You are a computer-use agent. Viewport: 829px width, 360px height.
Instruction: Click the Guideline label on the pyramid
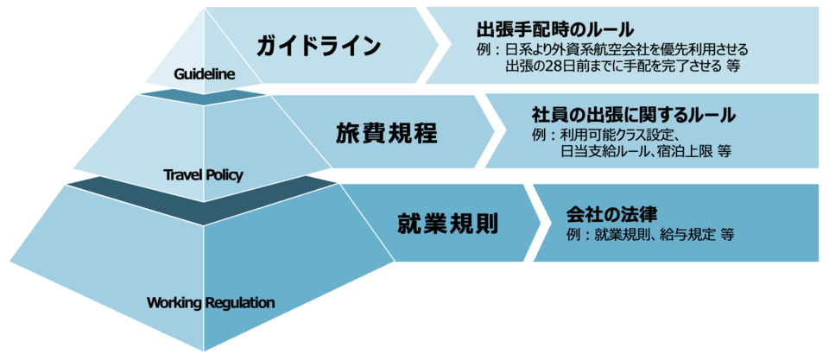[x=204, y=74]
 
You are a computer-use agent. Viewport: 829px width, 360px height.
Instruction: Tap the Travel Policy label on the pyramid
[x=204, y=174]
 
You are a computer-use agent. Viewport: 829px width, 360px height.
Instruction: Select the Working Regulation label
[x=211, y=302]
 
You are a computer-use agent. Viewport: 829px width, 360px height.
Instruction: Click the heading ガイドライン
[x=319, y=46]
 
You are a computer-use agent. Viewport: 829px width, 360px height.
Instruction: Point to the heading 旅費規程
[x=387, y=135]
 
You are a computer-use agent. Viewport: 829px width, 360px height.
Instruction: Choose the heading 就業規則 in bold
[x=447, y=224]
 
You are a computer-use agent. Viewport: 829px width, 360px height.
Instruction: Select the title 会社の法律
[x=611, y=214]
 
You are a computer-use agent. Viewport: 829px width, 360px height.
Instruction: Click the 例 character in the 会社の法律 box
[x=573, y=235]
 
